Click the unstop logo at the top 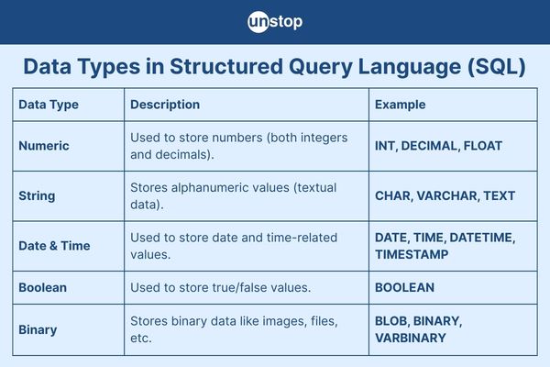click(x=275, y=22)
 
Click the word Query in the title click(x=321, y=66)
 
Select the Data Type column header click(x=49, y=105)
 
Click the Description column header click(x=165, y=105)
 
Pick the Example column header click(x=400, y=105)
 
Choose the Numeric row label click(x=44, y=146)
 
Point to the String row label click(x=37, y=196)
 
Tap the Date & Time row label click(x=54, y=246)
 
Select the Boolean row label click(x=42, y=287)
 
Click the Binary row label click(x=38, y=329)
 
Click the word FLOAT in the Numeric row click(x=483, y=146)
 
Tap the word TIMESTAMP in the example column click(x=412, y=254)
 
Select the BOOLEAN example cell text click(x=405, y=287)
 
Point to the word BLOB click(x=390, y=321)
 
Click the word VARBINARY click(x=411, y=338)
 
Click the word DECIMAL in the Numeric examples click(x=429, y=146)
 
